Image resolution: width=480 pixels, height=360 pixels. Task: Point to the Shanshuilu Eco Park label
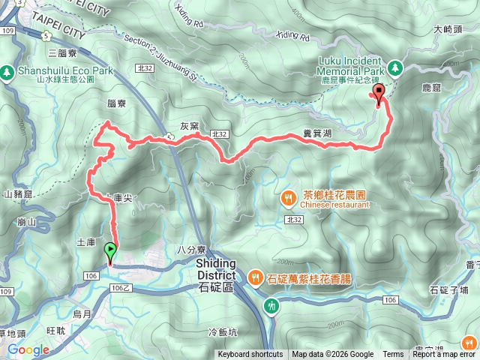click(x=66, y=70)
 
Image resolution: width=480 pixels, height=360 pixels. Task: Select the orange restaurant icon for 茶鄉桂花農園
click(x=289, y=198)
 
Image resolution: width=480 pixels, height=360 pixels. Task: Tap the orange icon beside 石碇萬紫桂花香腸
click(x=255, y=278)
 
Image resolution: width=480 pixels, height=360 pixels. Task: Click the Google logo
click(x=28, y=349)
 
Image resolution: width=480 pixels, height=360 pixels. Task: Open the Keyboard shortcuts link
click(x=250, y=355)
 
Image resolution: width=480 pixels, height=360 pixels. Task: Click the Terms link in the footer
click(x=393, y=355)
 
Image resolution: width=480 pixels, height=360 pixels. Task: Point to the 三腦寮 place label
click(x=62, y=53)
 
